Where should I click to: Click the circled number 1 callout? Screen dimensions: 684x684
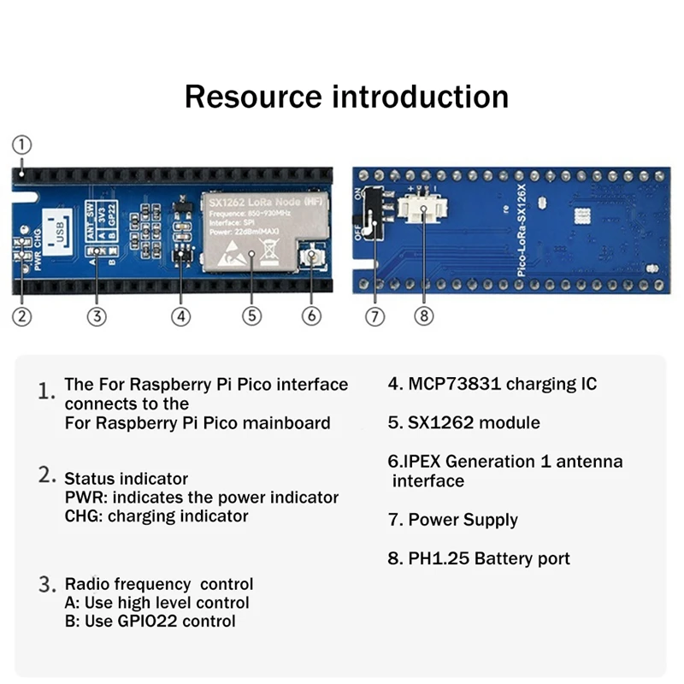tap(23, 144)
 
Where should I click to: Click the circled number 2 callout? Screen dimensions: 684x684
tap(23, 315)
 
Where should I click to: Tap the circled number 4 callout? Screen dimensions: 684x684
tap(180, 315)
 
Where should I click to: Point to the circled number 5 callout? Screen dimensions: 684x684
tap(251, 315)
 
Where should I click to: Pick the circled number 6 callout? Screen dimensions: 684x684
tap(312, 315)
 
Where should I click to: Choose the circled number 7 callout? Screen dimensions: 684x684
tap(375, 315)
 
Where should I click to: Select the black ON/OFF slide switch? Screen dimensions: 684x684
tap(371, 214)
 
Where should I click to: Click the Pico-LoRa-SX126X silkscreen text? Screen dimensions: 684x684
tap(524, 231)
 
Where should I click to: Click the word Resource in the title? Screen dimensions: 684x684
tap(253, 96)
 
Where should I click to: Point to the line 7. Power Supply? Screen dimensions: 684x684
tap(453, 520)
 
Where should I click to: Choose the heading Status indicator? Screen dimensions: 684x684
tap(126, 478)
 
